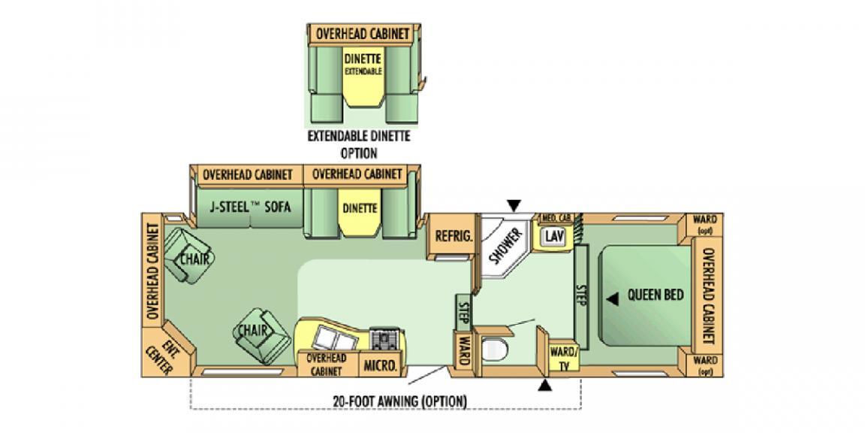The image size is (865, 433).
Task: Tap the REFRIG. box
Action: pyautogui.click(x=454, y=236)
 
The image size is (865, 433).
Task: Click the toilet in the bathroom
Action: pyautogui.click(x=495, y=350)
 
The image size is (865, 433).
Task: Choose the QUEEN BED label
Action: pyautogui.click(x=656, y=295)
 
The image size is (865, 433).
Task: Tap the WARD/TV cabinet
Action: pyautogui.click(x=563, y=358)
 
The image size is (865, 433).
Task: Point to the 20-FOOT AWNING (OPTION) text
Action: pyautogui.click(x=399, y=401)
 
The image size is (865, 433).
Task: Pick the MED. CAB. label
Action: pyautogui.click(x=557, y=218)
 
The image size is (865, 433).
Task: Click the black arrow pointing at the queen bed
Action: pyautogui.click(x=613, y=298)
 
